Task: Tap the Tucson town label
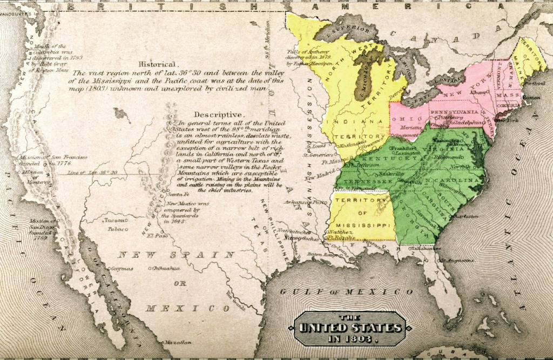[x=114, y=220]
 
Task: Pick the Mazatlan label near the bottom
[x=178, y=342]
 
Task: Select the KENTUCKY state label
[x=382, y=159]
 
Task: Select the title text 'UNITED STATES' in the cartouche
[x=350, y=328]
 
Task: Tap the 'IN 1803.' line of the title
[x=351, y=339]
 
